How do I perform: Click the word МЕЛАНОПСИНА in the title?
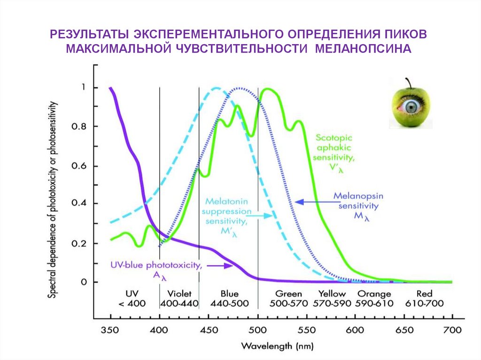pos(363,49)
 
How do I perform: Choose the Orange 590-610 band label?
pos(374,298)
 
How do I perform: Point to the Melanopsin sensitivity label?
pos(356,205)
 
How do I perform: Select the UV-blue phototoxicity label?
pos(156,269)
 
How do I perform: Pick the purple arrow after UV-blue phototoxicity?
pos(221,266)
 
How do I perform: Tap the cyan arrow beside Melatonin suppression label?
pos(261,215)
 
